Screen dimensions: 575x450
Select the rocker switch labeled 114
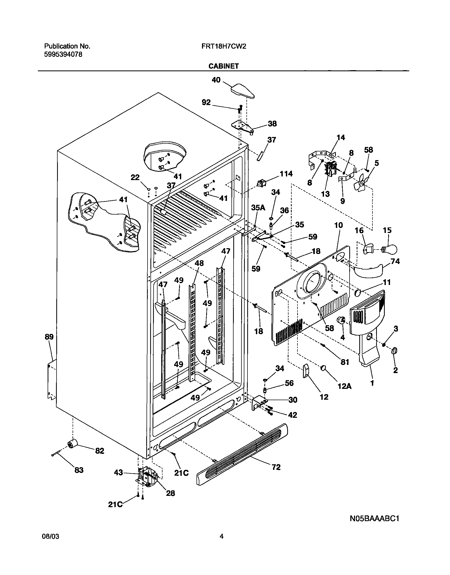[x=261, y=182]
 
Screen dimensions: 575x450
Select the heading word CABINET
[x=223, y=66]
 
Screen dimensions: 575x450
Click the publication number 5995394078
[x=63, y=54]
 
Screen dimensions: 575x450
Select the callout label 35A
[x=258, y=207]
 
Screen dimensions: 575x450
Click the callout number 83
[x=79, y=470]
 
